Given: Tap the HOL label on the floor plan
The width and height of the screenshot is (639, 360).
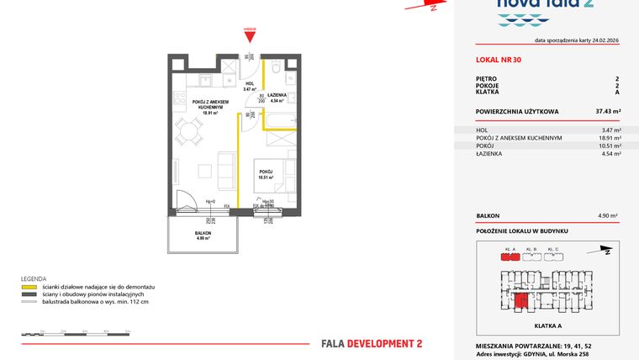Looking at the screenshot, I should coord(249,84).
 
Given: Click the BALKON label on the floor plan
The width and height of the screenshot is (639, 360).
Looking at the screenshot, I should coord(203,233).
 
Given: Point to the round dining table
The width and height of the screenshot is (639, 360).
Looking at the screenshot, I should coord(191,130).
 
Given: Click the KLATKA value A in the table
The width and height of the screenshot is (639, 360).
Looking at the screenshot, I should coord(618,92).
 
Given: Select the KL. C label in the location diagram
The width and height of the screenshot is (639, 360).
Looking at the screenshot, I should coord(552,250).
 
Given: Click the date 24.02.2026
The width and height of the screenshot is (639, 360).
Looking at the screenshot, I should coord(605,40).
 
